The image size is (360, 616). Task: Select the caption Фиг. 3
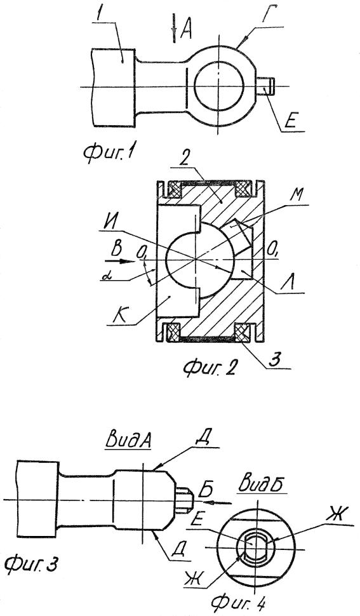31,565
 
